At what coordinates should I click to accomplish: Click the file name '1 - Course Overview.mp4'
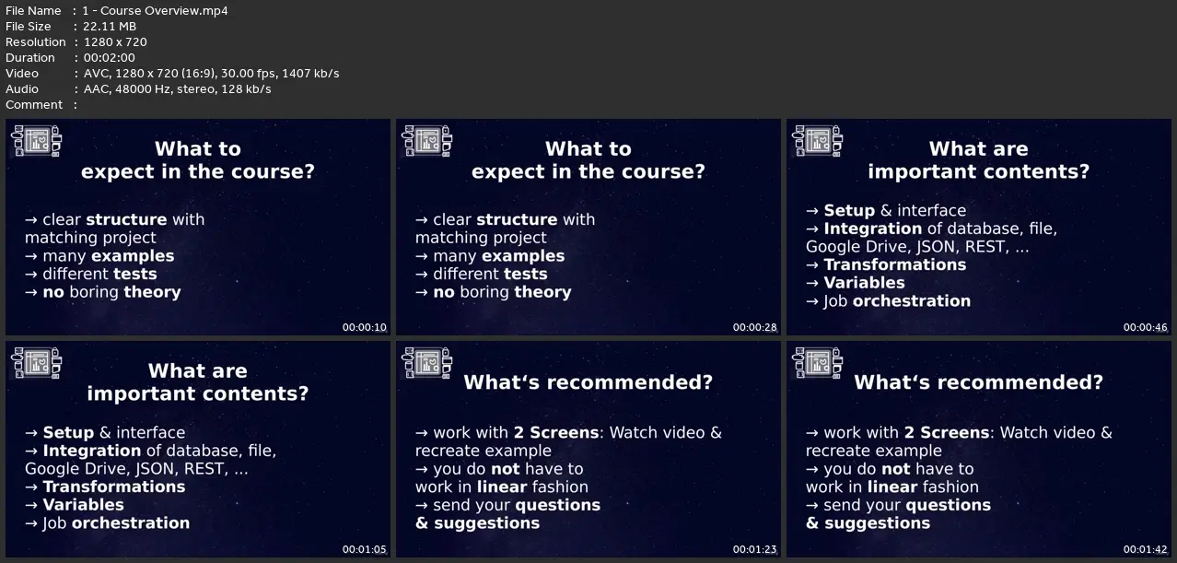pos(155,10)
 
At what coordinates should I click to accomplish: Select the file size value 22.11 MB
pos(110,27)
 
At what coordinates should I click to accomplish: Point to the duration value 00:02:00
pos(110,58)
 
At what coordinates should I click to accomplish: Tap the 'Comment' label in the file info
pos(34,105)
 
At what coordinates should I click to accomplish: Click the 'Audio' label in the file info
pos(21,88)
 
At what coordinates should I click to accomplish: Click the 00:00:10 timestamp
pos(364,327)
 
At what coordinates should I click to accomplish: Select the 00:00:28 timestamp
pos(754,327)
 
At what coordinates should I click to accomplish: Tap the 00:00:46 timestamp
pos(1145,327)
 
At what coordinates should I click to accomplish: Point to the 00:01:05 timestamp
pos(364,549)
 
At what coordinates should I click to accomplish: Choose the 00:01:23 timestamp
pos(754,549)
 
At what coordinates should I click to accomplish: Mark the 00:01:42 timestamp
pos(1145,549)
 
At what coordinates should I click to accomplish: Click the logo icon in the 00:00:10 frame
pos(36,140)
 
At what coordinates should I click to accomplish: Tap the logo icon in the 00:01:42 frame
pos(817,363)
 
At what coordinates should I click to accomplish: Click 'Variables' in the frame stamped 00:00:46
pos(865,283)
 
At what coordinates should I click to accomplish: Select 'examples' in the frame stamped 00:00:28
pos(523,256)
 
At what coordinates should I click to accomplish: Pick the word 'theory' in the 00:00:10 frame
pos(152,292)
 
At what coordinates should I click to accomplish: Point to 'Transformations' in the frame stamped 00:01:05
pos(114,487)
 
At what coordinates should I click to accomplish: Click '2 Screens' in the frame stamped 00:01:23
pos(556,433)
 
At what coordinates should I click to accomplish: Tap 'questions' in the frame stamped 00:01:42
pos(949,505)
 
